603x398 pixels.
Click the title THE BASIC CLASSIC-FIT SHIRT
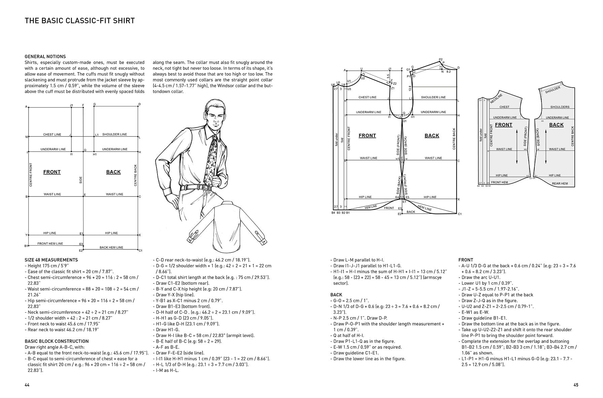tap(80, 21)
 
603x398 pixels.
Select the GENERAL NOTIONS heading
tap(45, 57)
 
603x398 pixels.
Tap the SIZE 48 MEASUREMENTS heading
tap(51, 260)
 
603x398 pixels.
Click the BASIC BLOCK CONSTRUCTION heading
tap(57, 341)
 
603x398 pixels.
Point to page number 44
tap(27, 385)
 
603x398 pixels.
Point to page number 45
tap(575, 385)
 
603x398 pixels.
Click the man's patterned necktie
tap(213, 157)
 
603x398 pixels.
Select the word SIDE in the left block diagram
tap(81, 180)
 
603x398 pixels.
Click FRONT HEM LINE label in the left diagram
tap(50, 243)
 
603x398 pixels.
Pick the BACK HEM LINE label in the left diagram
tap(111, 247)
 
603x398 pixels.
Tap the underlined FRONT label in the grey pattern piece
tap(503, 125)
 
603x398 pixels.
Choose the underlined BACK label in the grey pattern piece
tap(556, 125)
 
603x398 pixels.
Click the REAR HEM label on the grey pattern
tap(560, 184)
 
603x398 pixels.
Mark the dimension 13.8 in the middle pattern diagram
tap(410, 88)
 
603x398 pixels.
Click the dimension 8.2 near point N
tap(448, 72)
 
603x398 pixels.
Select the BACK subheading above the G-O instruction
tap(336, 295)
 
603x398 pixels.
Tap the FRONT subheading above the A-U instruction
tap(466, 260)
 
